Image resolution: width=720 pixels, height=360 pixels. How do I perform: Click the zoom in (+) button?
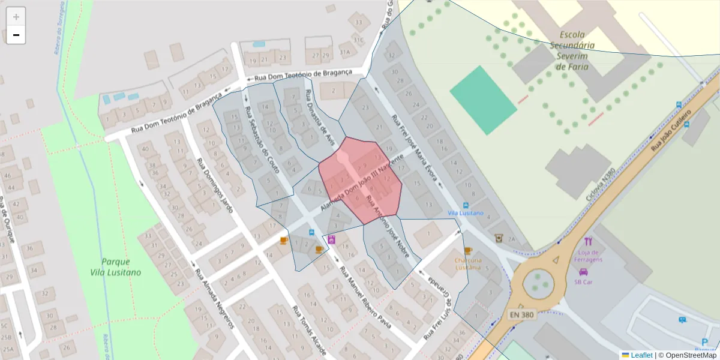pyautogui.click(x=16, y=17)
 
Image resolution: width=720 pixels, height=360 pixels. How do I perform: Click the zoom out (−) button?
pyautogui.click(x=16, y=35)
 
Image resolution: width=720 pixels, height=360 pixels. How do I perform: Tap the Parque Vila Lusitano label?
pyautogui.click(x=116, y=267)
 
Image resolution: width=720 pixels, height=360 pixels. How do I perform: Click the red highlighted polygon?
pyautogui.click(x=360, y=180)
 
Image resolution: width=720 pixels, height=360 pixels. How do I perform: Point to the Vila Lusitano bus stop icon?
pyautogui.click(x=466, y=205)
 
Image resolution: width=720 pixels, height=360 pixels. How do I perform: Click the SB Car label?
pyautogui.click(x=583, y=281)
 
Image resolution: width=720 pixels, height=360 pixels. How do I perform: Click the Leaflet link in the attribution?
pyautogui.click(x=641, y=355)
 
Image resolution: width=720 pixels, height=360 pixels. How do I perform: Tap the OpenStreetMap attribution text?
pyautogui.click(x=687, y=355)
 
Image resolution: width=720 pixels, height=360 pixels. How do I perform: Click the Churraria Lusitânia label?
pyautogui.click(x=468, y=264)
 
